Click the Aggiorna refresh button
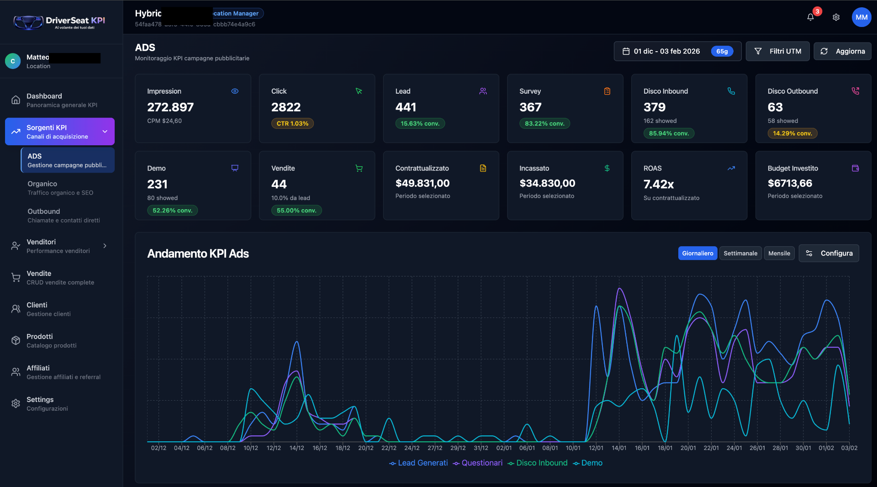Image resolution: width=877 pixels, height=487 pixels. pyautogui.click(x=842, y=51)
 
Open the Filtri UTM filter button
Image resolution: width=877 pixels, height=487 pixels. pyautogui.click(x=777, y=51)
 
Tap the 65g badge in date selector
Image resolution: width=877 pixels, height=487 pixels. pyautogui.click(x=722, y=51)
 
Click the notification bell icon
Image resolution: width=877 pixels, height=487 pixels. pyautogui.click(x=810, y=17)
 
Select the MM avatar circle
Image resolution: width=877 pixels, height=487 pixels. pyautogui.click(x=861, y=17)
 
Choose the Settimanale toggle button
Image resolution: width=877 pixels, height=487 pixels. pyautogui.click(x=740, y=253)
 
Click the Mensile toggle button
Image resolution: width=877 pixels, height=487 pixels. pyautogui.click(x=779, y=253)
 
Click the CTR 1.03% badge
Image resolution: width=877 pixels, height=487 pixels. pyautogui.click(x=292, y=123)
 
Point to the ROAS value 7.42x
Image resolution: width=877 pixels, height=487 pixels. pyautogui.click(x=658, y=184)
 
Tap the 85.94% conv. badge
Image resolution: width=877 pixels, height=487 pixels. pyautogui.click(x=669, y=133)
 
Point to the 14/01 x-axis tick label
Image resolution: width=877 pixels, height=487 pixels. pyautogui.click(x=619, y=448)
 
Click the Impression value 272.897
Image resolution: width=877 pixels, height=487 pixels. pyautogui.click(x=170, y=107)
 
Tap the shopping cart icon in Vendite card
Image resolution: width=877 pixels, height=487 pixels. pyautogui.click(x=359, y=168)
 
